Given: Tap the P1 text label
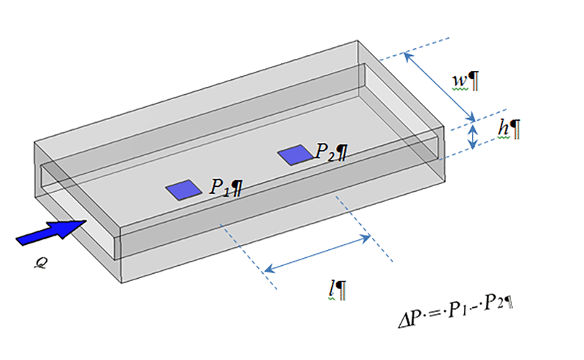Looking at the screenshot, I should (x=221, y=188).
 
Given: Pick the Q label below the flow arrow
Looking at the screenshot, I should (x=42, y=263).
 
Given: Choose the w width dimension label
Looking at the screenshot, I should (x=459, y=80).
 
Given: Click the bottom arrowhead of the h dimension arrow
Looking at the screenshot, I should (x=472, y=147).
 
